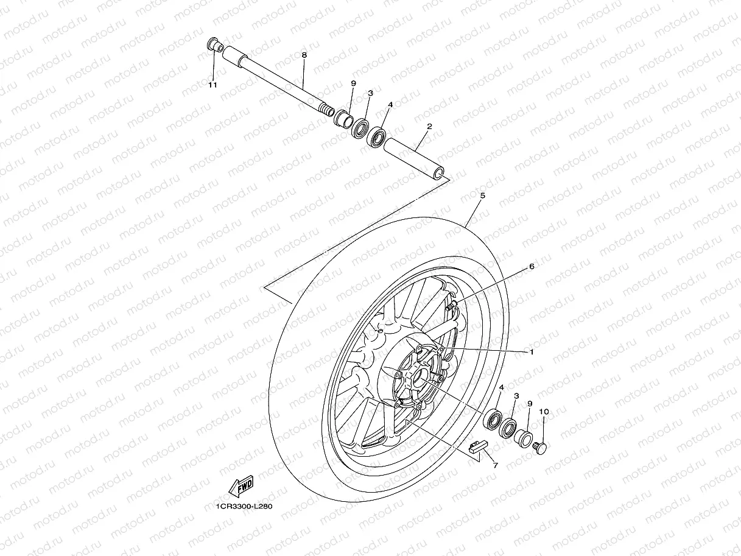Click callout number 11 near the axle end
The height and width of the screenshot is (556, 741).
point(212,85)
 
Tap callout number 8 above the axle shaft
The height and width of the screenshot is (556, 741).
point(304,55)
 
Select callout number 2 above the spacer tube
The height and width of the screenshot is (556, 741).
point(429,127)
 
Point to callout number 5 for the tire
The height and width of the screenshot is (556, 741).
point(482,195)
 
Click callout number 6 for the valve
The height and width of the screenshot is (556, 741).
point(531,266)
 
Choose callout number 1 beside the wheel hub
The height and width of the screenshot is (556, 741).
point(531,351)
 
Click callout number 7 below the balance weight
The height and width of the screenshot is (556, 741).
point(495,465)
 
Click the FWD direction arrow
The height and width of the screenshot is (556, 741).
point(241,486)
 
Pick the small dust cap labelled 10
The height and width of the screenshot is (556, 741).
point(539,447)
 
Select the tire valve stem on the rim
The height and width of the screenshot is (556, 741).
point(451,308)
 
